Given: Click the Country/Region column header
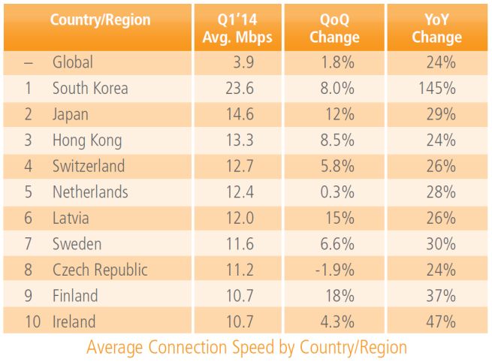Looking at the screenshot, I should point(100,20).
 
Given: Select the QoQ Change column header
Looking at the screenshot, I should point(335,29).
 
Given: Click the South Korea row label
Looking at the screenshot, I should point(90,88).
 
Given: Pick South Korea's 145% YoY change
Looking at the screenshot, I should point(439,88).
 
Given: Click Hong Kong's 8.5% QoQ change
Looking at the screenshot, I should point(337,140).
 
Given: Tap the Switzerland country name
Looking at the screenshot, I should point(89,166).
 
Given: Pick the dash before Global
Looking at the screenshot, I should point(29,62).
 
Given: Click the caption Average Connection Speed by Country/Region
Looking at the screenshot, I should point(246,348).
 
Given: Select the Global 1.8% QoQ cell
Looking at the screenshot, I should point(337,62).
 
